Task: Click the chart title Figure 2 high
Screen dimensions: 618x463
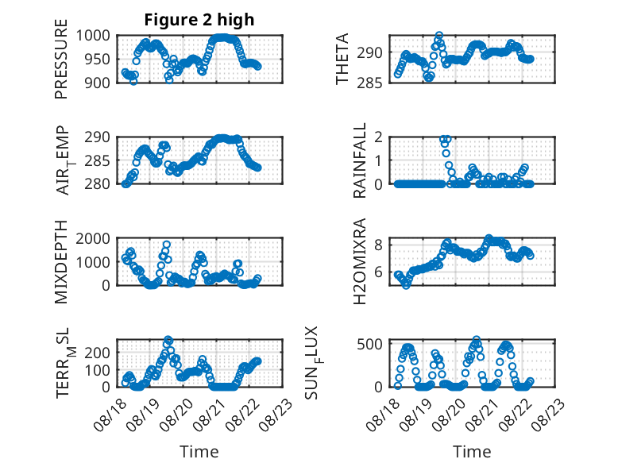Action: click(x=199, y=20)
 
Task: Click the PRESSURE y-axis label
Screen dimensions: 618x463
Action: click(x=61, y=59)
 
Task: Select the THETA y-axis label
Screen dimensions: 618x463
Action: click(x=342, y=59)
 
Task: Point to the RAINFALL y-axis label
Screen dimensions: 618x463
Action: click(x=360, y=160)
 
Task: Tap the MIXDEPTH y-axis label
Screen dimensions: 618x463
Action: click(x=61, y=262)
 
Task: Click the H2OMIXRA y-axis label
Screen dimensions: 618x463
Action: click(x=360, y=261)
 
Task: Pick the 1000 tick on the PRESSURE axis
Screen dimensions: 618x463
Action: click(x=93, y=36)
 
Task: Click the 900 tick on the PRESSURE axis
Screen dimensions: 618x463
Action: click(x=98, y=83)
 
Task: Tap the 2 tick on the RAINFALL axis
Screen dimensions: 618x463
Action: click(x=379, y=137)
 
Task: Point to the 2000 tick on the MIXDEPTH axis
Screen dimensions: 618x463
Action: click(x=93, y=238)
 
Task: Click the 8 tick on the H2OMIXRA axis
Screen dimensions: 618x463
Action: click(x=379, y=245)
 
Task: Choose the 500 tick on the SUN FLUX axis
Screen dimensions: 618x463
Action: click(x=369, y=344)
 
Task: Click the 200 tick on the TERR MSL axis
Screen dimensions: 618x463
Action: click(x=98, y=353)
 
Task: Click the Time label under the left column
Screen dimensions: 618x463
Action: click(x=199, y=451)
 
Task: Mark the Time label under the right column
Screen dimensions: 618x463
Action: click(x=472, y=451)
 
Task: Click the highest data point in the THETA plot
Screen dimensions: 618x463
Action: click(x=438, y=36)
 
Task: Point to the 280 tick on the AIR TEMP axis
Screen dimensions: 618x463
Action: click(x=98, y=183)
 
